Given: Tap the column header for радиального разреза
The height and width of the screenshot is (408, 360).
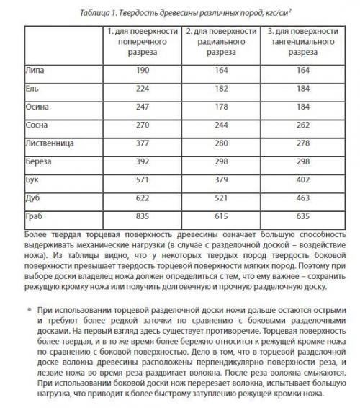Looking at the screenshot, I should point(220,43).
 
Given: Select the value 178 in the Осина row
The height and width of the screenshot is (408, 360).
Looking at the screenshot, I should point(220,106).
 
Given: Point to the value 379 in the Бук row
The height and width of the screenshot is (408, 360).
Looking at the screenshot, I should point(220,179).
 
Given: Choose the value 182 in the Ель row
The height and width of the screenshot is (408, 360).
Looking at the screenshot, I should point(220,88).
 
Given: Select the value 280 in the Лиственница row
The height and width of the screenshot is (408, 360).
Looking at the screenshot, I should point(220,143).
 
